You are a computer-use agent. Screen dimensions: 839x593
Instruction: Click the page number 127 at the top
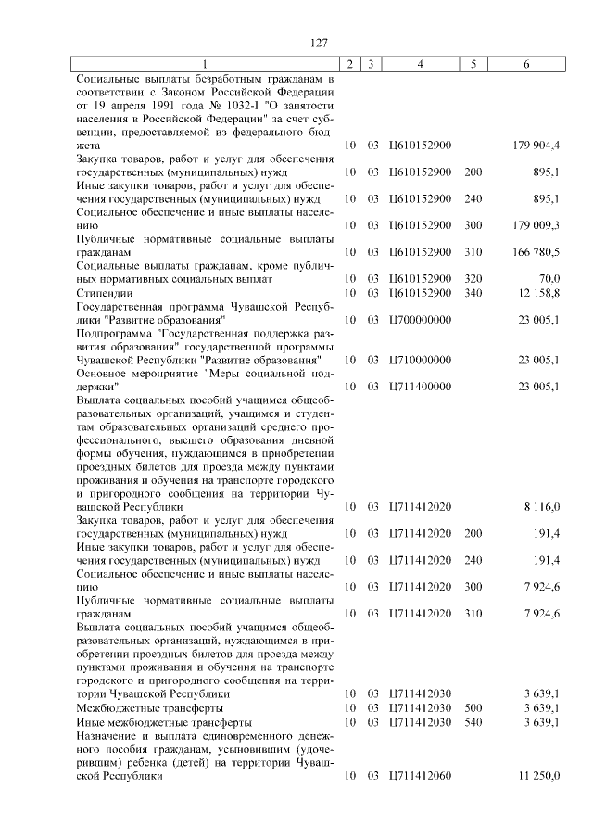pyautogui.click(x=321, y=43)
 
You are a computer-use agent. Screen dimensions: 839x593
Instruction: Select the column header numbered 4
pyautogui.click(x=421, y=64)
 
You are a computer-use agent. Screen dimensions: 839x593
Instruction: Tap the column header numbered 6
pyautogui.click(x=526, y=64)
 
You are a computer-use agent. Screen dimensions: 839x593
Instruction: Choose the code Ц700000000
pyautogui.click(x=421, y=320)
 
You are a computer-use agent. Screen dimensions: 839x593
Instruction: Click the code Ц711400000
pyautogui.click(x=421, y=387)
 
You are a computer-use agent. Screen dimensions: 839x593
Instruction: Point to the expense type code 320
pyautogui.click(x=473, y=279)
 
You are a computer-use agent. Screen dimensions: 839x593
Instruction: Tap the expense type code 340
pyautogui.click(x=473, y=293)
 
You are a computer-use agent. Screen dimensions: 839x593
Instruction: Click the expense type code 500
pyautogui.click(x=473, y=708)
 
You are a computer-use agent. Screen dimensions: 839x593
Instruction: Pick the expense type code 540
pyautogui.click(x=473, y=722)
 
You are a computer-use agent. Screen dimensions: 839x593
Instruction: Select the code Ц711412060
pyautogui.click(x=421, y=776)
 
